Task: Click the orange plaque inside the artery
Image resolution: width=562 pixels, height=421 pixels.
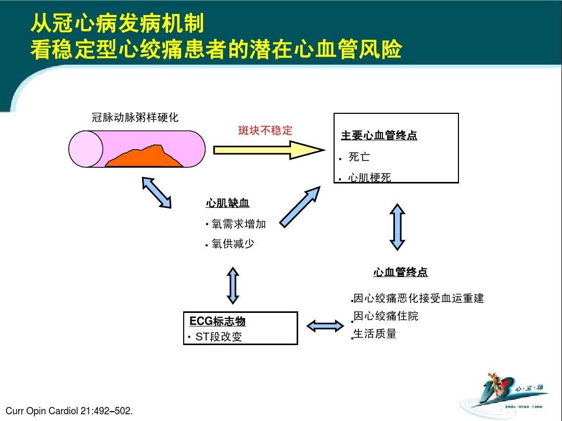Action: pyautogui.click(x=146, y=157)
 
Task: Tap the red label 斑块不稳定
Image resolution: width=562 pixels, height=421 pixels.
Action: pyautogui.click(x=265, y=130)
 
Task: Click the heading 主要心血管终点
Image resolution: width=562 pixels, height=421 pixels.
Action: pyautogui.click(x=379, y=136)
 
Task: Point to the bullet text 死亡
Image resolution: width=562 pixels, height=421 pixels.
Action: pyautogui.click(x=359, y=157)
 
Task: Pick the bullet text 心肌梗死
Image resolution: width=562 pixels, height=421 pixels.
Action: pyautogui.click(x=369, y=178)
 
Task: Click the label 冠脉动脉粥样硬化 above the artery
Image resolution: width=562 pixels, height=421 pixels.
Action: pyautogui.click(x=135, y=117)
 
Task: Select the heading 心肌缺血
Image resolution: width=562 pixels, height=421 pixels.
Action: pyautogui.click(x=224, y=203)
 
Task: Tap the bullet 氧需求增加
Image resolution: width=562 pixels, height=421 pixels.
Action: pyautogui.click(x=238, y=223)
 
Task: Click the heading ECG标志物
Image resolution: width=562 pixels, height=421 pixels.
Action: pyautogui.click(x=218, y=321)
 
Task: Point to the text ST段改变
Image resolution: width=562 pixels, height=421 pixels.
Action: pyautogui.click(x=219, y=337)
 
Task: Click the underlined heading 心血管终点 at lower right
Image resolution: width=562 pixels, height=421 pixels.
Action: pyautogui.click(x=400, y=272)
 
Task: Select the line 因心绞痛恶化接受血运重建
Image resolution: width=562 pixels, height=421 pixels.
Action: pyautogui.click(x=418, y=298)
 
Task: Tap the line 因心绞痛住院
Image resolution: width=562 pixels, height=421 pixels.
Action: pyautogui.click(x=386, y=316)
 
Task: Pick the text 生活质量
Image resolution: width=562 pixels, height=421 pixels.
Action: pyautogui.click(x=375, y=334)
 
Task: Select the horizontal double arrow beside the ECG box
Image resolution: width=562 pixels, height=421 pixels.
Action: pyautogui.click(x=325, y=326)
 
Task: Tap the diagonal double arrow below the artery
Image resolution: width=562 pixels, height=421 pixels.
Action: pyautogui.click(x=157, y=192)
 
